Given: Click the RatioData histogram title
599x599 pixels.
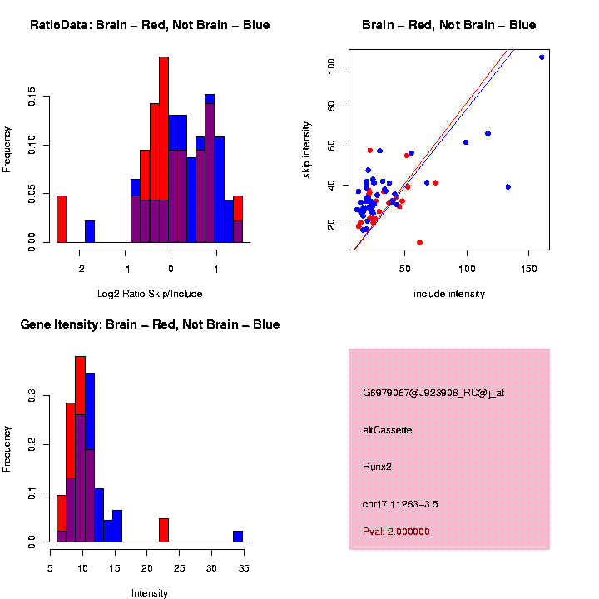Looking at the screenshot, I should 150,25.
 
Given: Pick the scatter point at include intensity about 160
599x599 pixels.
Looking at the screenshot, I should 542,57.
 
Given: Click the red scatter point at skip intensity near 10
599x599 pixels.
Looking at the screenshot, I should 419,242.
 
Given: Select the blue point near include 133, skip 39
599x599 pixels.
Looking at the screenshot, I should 508,186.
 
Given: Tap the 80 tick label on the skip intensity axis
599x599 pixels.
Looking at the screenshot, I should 331,106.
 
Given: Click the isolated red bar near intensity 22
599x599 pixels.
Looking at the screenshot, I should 164,530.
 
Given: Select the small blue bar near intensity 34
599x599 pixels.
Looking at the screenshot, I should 238,537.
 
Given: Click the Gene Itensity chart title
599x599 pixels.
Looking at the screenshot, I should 150,324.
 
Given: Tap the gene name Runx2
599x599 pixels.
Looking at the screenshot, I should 377,467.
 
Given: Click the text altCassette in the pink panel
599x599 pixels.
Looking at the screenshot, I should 388,430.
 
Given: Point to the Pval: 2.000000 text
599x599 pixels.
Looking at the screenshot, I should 396,532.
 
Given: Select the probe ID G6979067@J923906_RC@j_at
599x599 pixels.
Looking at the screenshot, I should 433,393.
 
